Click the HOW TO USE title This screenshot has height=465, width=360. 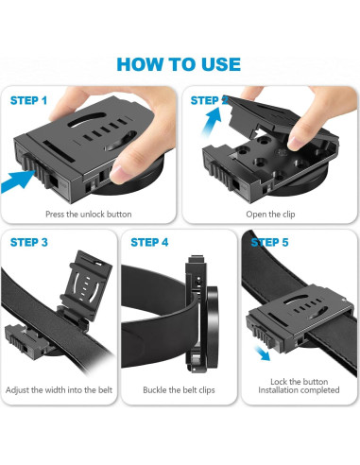click(x=179, y=64)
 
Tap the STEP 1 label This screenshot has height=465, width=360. click(x=28, y=100)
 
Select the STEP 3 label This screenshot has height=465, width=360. click(x=29, y=242)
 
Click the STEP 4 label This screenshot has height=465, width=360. click(x=149, y=242)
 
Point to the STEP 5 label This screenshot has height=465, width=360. click(x=269, y=242)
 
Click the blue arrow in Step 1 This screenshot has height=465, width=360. click(x=18, y=181)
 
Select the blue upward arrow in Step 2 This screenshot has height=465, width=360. click(x=212, y=120)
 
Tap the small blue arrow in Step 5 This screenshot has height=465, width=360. click(x=263, y=353)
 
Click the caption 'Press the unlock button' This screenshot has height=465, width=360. click(x=89, y=215)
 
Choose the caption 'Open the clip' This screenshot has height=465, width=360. click(x=270, y=215)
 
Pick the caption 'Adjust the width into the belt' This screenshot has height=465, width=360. click(x=59, y=390)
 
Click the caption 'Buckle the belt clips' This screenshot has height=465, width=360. click(x=179, y=390)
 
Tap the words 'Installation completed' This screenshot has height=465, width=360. click(x=299, y=390)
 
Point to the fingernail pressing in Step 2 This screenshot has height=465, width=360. click(x=296, y=144)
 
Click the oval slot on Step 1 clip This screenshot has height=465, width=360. click(x=87, y=120)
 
